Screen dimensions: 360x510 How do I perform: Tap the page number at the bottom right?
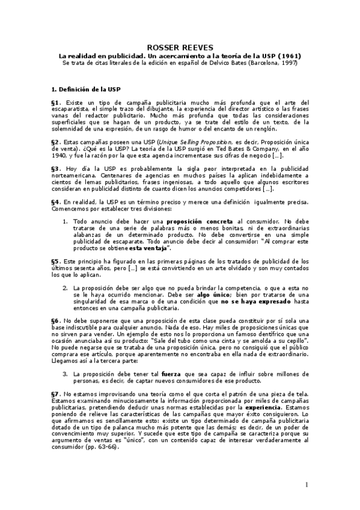coord(307,485)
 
